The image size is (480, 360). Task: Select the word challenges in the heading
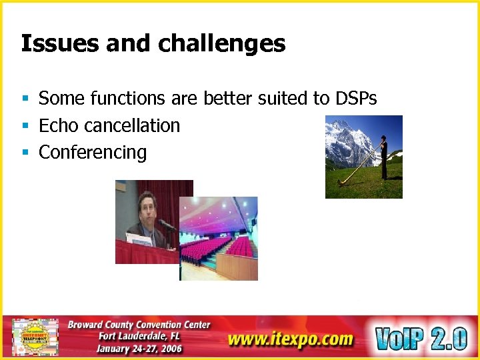click(222, 44)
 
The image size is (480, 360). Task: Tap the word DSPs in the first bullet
click(355, 99)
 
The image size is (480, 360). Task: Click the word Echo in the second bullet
click(57, 125)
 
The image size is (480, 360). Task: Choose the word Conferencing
click(93, 152)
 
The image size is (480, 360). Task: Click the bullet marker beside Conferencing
click(25, 153)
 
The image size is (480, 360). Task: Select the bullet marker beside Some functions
click(25, 99)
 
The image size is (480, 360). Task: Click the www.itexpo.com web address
click(290, 339)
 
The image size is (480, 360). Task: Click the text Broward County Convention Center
click(139, 325)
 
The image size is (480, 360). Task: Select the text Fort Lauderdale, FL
click(139, 336)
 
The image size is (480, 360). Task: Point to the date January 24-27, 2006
click(139, 348)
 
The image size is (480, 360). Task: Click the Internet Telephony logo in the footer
click(35, 337)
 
